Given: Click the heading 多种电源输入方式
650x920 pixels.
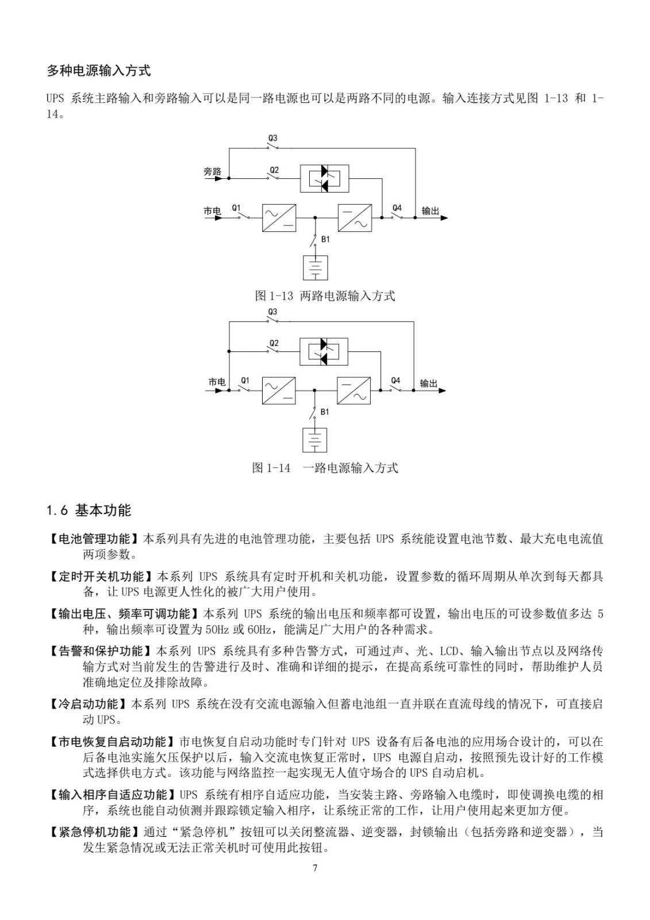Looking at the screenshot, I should tap(98, 71).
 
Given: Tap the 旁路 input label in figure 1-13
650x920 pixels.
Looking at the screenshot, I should tap(212, 171).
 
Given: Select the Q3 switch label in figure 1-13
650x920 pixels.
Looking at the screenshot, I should tap(273, 138).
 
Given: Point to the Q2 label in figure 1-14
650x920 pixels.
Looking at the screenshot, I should tap(274, 343).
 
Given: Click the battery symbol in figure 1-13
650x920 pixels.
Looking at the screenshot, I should tap(315, 267).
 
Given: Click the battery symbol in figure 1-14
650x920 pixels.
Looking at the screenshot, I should tap(314, 439).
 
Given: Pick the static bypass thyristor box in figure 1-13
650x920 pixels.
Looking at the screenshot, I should tap(324, 178).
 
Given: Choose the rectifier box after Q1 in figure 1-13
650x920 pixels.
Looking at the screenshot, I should tap(279, 218).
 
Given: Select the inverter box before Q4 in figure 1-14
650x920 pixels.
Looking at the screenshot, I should tap(353, 390).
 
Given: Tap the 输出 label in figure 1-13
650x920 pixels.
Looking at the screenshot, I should tap(430, 211).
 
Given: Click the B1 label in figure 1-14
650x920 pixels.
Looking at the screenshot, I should tap(325, 412).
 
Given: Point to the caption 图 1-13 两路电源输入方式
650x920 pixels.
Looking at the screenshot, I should tap(325, 296).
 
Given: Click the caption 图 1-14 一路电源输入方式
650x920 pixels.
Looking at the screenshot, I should tap(325, 467).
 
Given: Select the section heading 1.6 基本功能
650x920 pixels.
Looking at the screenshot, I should tap(89, 510).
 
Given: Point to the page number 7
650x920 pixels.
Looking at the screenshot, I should tap(315, 868).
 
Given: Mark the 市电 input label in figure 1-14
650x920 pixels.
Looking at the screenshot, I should tap(217, 382).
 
